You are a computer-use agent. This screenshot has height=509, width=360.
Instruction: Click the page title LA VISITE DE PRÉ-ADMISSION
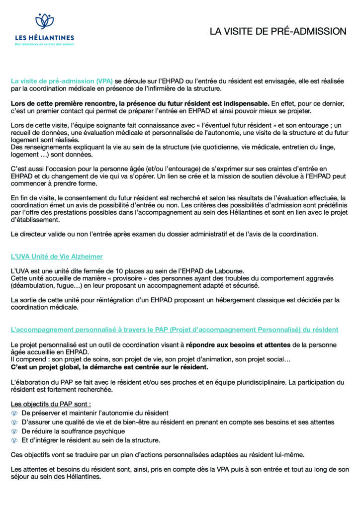pyautogui.click(x=277, y=31)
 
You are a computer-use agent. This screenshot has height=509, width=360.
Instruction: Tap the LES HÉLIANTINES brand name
pyautogui.click(x=44, y=37)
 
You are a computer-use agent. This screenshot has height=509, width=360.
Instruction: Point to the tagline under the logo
pyautogui.click(x=44, y=44)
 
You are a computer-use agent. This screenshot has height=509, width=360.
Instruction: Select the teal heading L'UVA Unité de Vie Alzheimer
pyautogui.click(x=57, y=256)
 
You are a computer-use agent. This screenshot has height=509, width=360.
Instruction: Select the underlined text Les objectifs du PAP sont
pyautogui.click(x=51, y=404)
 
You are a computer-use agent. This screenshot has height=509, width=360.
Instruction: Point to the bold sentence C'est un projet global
pyautogui.click(x=109, y=367)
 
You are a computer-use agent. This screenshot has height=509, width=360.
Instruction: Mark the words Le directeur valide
pyautogui.click(x=37, y=234)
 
